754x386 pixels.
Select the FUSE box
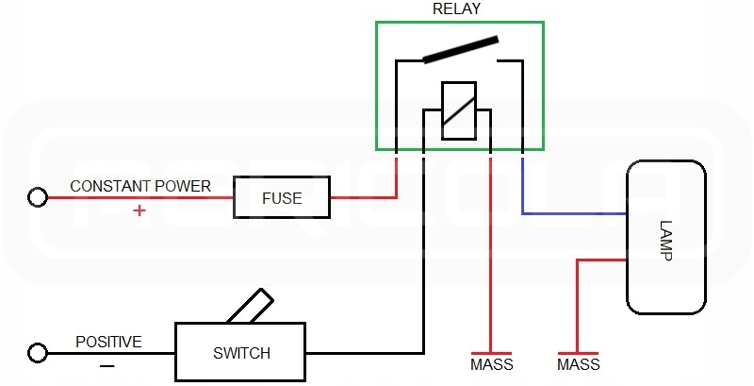pyautogui.click(x=282, y=198)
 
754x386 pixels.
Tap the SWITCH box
pyautogui.click(x=241, y=353)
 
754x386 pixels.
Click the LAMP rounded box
pyautogui.click(x=666, y=237)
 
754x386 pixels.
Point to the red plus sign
pyautogui.click(x=139, y=210)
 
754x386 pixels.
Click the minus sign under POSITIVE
pyautogui.click(x=107, y=364)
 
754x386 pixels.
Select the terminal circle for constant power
pyautogui.click(x=38, y=198)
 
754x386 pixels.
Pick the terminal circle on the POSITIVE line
pyautogui.click(x=38, y=353)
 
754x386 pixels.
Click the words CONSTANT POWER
pyautogui.click(x=140, y=186)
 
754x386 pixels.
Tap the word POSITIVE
pyautogui.click(x=108, y=341)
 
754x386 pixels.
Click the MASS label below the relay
pyautogui.click(x=491, y=364)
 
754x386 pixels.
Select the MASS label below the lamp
pyautogui.click(x=578, y=364)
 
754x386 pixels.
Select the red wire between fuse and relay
pyautogui.click(x=363, y=198)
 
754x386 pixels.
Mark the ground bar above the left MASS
pyautogui.click(x=491, y=348)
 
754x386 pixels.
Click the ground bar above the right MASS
pyautogui.click(x=578, y=348)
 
